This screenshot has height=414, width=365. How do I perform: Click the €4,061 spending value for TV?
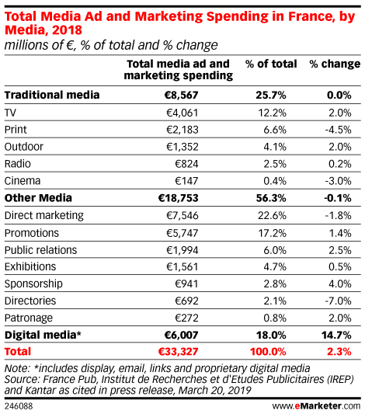pyautogui.click(x=182, y=113)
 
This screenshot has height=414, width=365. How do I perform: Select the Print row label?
pyautogui.click(x=16, y=130)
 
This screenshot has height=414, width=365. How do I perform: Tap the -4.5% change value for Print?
pyautogui.click(x=338, y=130)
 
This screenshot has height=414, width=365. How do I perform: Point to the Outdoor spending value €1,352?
pyautogui.click(x=182, y=147)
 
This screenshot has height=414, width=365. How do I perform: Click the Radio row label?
pyautogui.click(x=18, y=164)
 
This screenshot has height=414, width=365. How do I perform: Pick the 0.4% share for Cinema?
pyautogui.click(x=275, y=181)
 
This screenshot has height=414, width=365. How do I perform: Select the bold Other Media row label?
pyautogui.click(x=38, y=198)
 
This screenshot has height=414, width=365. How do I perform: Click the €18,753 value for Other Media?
pyautogui.click(x=178, y=198)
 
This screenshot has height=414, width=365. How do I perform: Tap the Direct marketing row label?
pyautogui.click(x=44, y=215)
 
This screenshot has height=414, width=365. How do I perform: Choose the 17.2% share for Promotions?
pyautogui.click(x=272, y=233)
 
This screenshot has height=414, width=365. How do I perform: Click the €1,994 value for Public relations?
pyautogui.click(x=182, y=250)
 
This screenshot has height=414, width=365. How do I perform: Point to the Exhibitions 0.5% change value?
pyautogui.click(x=340, y=266)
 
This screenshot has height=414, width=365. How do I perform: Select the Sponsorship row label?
pyautogui.click(x=33, y=284)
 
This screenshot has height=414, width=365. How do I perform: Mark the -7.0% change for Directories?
pyautogui.click(x=338, y=301)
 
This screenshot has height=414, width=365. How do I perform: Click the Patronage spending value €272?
pyautogui.click(x=186, y=318)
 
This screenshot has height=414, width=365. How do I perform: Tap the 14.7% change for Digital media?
pyautogui.click(x=336, y=335)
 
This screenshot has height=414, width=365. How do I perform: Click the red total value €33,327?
pyautogui.click(x=178, y=352)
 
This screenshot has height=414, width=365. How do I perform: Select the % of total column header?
pyautogui.click(x=271, y=64)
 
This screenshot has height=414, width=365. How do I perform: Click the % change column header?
pyautogui.click(x=335, y=64)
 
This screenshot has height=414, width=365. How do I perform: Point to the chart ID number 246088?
pyautogui.click(x=19, y=406)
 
